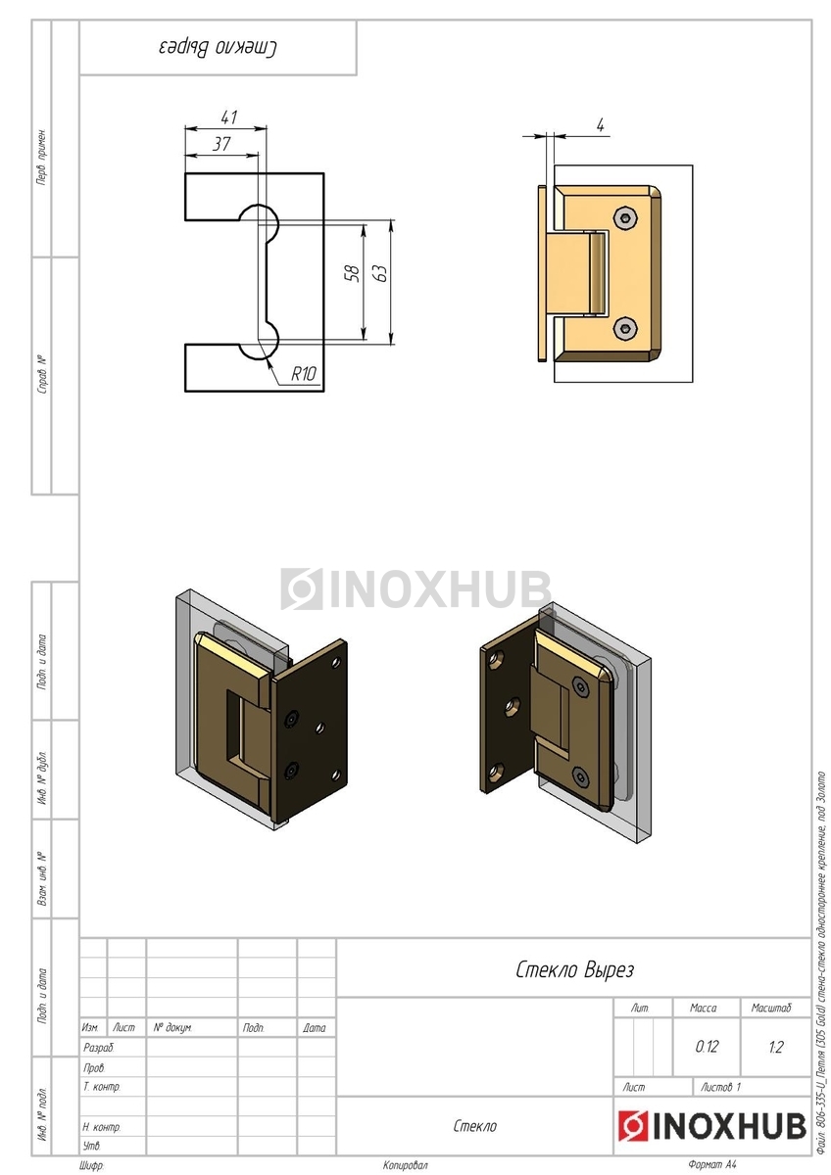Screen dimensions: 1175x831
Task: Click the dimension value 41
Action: click(x=228, y=117)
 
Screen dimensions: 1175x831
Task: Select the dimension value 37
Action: click(x=222, y=143)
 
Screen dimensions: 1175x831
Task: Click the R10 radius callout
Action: click(x=304, y=373)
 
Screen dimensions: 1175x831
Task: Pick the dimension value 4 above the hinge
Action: click(x=600, y=124)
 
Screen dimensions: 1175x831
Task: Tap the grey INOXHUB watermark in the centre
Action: click(x=415, y=589)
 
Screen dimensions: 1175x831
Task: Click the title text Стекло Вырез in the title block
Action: click(x=574, y=970)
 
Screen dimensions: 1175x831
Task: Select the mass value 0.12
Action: click(x=707, y=1047)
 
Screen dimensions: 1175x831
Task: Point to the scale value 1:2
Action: click(x=776, y=1047)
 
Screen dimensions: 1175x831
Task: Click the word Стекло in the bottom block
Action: click(x=474, y=1126)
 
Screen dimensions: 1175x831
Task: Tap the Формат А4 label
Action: click(x=712, y=1165)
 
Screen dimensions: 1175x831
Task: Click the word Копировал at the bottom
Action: click(x=405, y=1165)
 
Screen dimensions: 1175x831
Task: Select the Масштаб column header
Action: click(x=771, y=1008)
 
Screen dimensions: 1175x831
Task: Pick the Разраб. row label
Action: click(x=99, y=1048)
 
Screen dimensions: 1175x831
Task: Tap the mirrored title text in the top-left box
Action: click(x=219, y=47)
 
